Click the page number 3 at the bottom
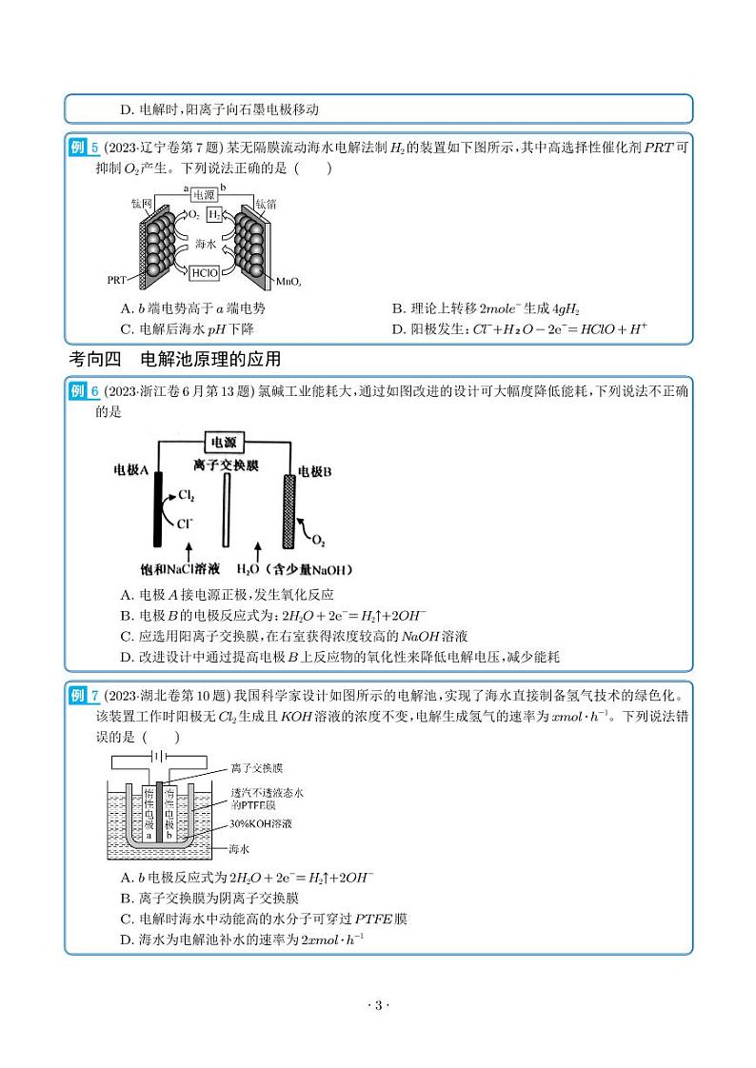point(378,1006)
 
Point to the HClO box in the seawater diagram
point(205,272)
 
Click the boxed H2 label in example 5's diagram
point(214,215)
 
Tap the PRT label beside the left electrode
point(117,281)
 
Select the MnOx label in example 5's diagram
point(288,282)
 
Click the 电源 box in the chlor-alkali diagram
point(224,442)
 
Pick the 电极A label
point(131,470)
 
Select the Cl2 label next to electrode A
point(187,496)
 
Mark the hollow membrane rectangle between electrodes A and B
point(226,509)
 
